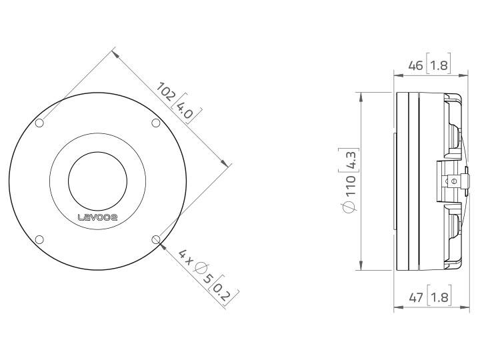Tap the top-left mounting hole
pos(39,123)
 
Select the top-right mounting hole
pos(155,122)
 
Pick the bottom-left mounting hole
pos(39,239)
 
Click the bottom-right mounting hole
pos(155,239)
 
